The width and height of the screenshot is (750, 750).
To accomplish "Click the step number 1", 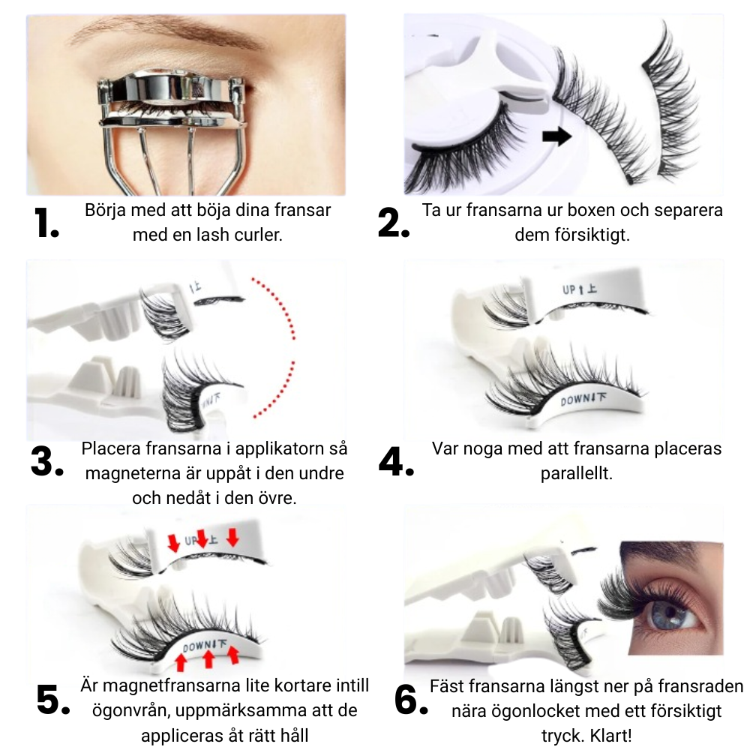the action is tap(46, 223).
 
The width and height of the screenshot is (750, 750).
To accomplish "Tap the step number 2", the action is tap(394, 223).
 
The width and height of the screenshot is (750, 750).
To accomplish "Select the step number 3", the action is tap(46, 461).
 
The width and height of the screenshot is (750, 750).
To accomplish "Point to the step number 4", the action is tap(396, 461).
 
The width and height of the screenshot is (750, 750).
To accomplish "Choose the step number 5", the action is tap(53, 700).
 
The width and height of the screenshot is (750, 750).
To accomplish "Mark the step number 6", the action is tap(411, 700).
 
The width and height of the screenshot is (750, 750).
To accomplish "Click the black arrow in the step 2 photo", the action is tap(557, 136).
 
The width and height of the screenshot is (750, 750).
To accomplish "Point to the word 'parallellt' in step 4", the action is tap(576, 473).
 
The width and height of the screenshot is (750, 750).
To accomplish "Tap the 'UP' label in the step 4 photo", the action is tap(568, 289).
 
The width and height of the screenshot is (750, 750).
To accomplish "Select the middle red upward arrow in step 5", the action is tap(208, 658).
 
